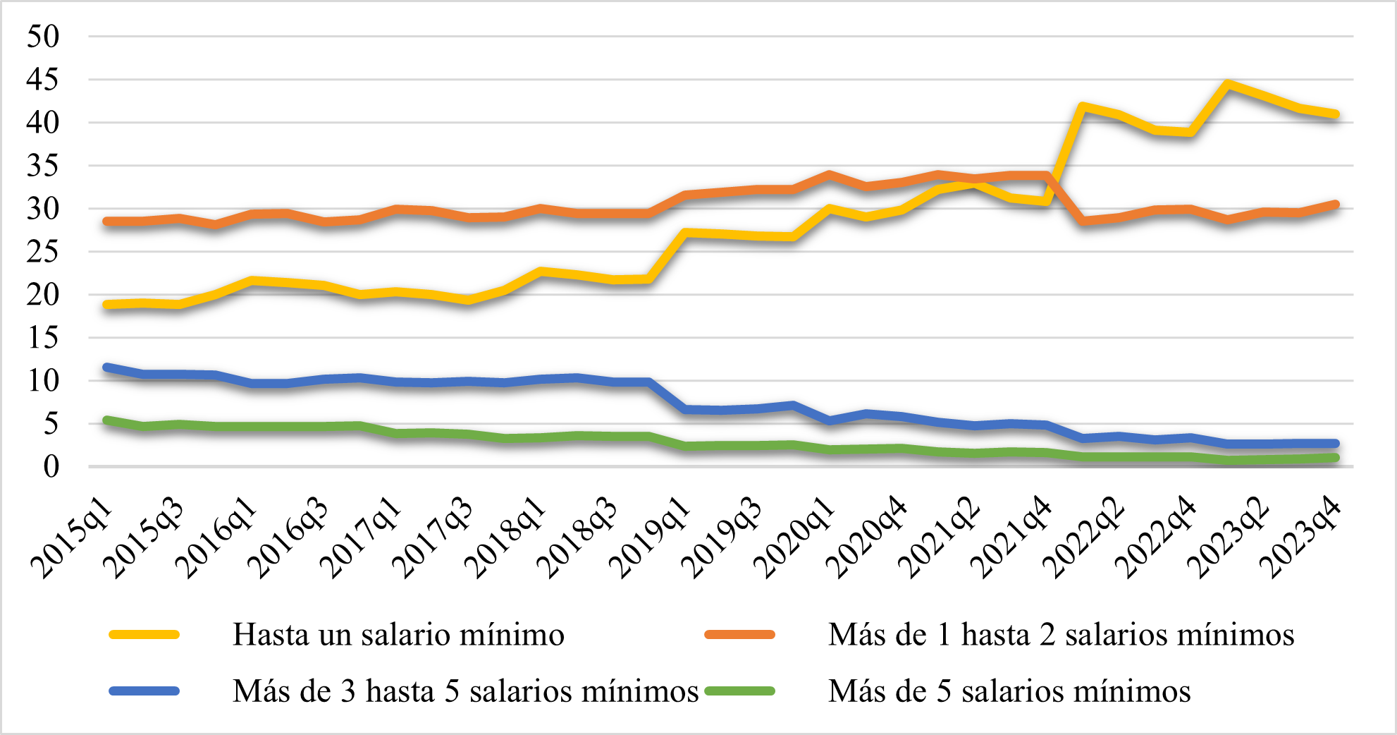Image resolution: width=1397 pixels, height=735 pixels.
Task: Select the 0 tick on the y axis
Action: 51,466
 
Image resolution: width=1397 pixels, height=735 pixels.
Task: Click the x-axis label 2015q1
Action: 73,537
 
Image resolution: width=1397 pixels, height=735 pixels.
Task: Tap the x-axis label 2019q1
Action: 650,537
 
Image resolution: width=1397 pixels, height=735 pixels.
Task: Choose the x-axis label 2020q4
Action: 867,537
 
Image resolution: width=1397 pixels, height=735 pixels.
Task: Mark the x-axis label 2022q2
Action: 1084,537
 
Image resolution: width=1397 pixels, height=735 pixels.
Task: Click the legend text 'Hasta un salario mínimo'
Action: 398,635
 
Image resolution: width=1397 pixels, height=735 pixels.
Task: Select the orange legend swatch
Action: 739,635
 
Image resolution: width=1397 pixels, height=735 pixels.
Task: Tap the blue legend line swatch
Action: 144,691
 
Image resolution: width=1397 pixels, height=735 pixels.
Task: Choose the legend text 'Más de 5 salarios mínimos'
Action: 1009,691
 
